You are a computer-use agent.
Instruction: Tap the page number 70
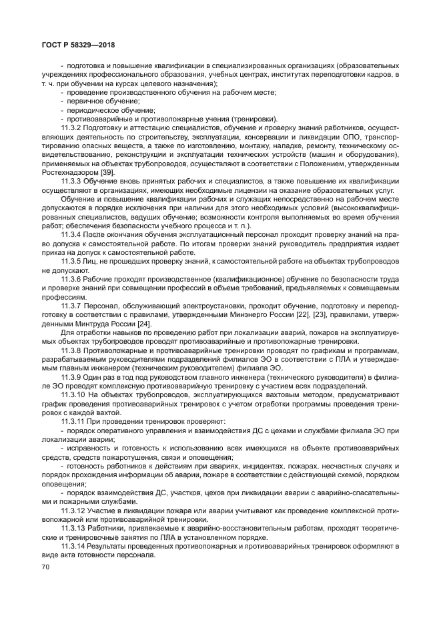click(x=45, y=567)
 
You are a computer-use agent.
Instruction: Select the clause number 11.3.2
click(x=71, y=128)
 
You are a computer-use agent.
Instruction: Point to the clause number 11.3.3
click(x=71, y=181)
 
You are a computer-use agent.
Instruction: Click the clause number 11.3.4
click(x=71, y=234)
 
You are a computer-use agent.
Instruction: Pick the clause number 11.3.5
click(x=71, y=261)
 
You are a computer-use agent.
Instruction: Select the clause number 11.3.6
click(x=71, y=278)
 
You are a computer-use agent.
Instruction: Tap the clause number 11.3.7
click(x=71, y=305)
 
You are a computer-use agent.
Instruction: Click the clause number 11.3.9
click(x=71, y=376)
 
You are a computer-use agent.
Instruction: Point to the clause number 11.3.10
click(x=73, y=394)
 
